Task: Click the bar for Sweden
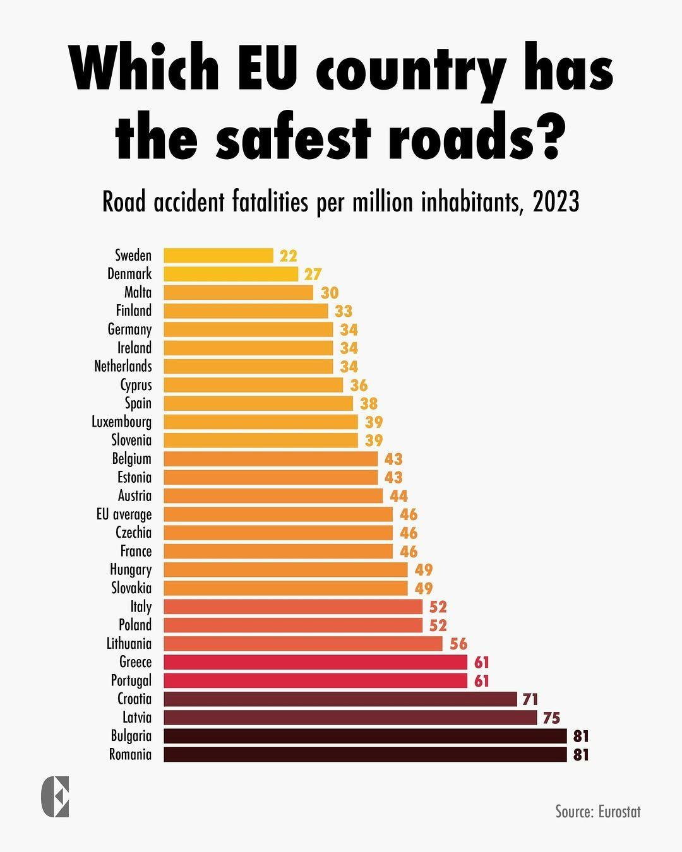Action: point(218,256)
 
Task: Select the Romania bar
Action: point(365,754)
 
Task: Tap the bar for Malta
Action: point(238,292)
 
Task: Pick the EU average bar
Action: point(278,514)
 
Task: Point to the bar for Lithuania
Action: point(303,644)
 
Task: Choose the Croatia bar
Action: point(340,699)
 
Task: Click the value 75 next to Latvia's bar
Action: point(551,718)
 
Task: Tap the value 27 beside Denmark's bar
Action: point(313,274)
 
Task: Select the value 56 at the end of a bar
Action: point(458,644)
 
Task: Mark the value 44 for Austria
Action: point(398,496)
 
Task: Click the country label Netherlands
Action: point(123,366)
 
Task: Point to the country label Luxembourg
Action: point(122,422)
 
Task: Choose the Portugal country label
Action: point(131,680)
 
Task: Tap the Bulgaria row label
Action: point(131,736)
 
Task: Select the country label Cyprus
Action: point(136,385)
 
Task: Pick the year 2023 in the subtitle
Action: point(556,203)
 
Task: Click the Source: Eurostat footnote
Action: point(598,811)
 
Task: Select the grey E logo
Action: point(55,797)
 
